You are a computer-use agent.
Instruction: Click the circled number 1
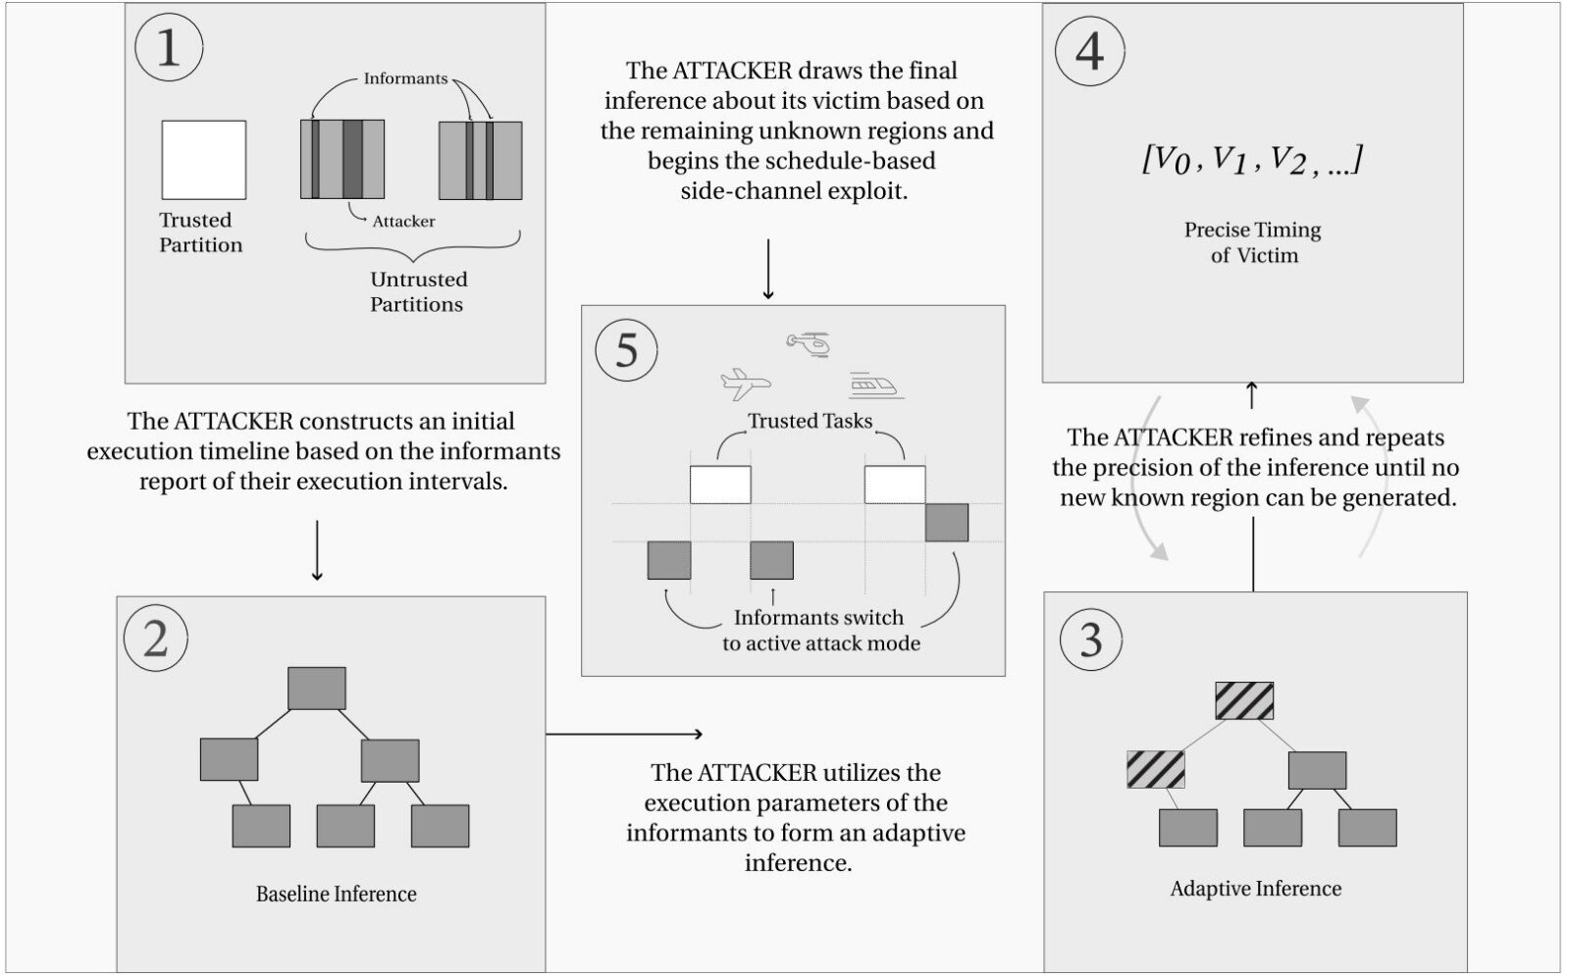point(169,48)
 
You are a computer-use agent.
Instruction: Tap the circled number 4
point(1090,51)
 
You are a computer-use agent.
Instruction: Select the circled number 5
point(627,350)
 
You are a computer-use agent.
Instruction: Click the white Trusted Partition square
point(204,160)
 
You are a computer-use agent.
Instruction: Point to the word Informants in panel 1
point(405,78)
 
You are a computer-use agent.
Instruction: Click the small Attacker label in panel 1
point(403,222)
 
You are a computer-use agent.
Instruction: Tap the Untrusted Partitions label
point(418,291)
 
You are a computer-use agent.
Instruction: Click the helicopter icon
point(809,344)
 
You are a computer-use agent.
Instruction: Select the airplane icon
point(746,384)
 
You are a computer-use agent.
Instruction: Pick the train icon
point(875,385)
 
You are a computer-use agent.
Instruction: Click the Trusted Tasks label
point(810,421)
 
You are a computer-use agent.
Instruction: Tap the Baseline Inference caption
point(337,894)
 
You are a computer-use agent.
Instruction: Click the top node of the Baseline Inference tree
point(317,688)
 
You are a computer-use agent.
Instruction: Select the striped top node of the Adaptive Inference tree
point(1244,700)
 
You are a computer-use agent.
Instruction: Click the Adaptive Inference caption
point(1256,888)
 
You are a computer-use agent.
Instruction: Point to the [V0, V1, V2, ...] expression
point(1252,160)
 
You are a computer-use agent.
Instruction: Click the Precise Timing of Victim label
point(1253,242)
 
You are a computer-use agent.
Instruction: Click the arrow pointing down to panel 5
point(768,270)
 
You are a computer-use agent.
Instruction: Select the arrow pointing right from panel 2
point(624,734)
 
